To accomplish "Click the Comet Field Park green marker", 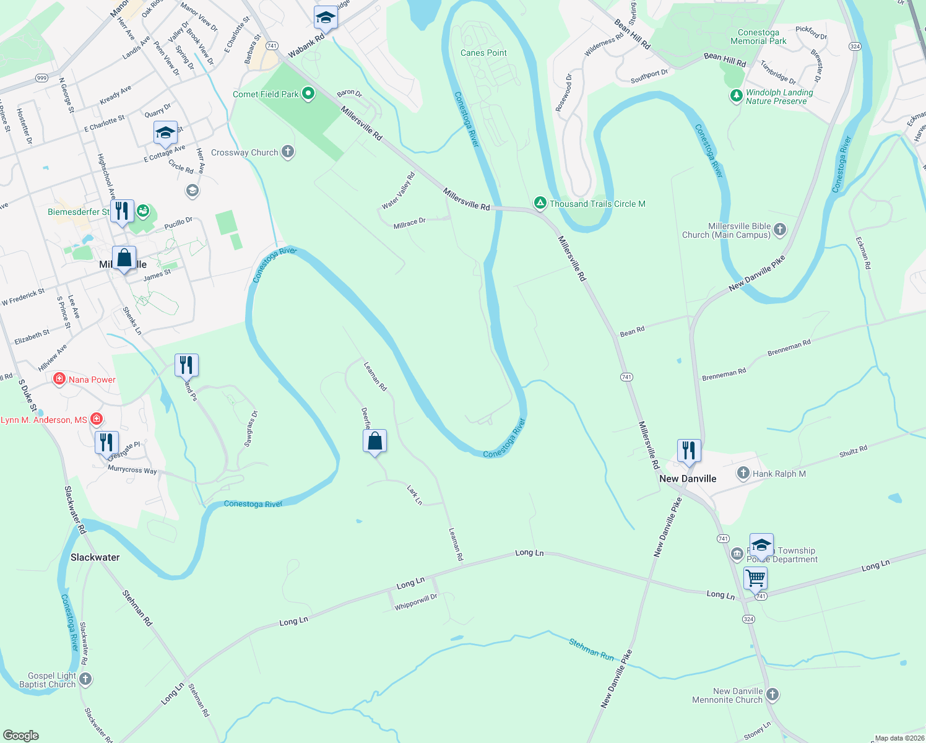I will [x=308, y=94].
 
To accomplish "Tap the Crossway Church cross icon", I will [x=287, y=152].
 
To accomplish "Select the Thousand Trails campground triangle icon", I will [x=540, y=203].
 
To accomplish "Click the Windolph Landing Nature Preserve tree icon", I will [x=736, y=96].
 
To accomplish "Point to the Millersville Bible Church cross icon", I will [x=780, y=230].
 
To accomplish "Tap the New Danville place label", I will [x=688, y=479].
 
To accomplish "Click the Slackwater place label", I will [x=95, y=557].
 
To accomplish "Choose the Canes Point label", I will [x=483, y=53].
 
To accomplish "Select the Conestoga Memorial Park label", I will [x=758, y=37].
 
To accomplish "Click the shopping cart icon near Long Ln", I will [x=755, y=578].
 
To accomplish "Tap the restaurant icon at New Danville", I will [x=688, y=450].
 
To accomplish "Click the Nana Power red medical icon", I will [x=59, y=379].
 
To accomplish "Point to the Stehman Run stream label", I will [x=591, y=649].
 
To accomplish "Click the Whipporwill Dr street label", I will [x=416, y=602].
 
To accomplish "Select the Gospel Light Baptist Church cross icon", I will [x=85, y=679].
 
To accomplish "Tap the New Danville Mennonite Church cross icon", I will [x=772, y=694].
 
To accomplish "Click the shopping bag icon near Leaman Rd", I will [x=374, y=441].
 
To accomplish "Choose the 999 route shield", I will [x=42, y=78].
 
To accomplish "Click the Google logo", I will [x=21, y=736].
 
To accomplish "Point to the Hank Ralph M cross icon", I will [x=743, y=474].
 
